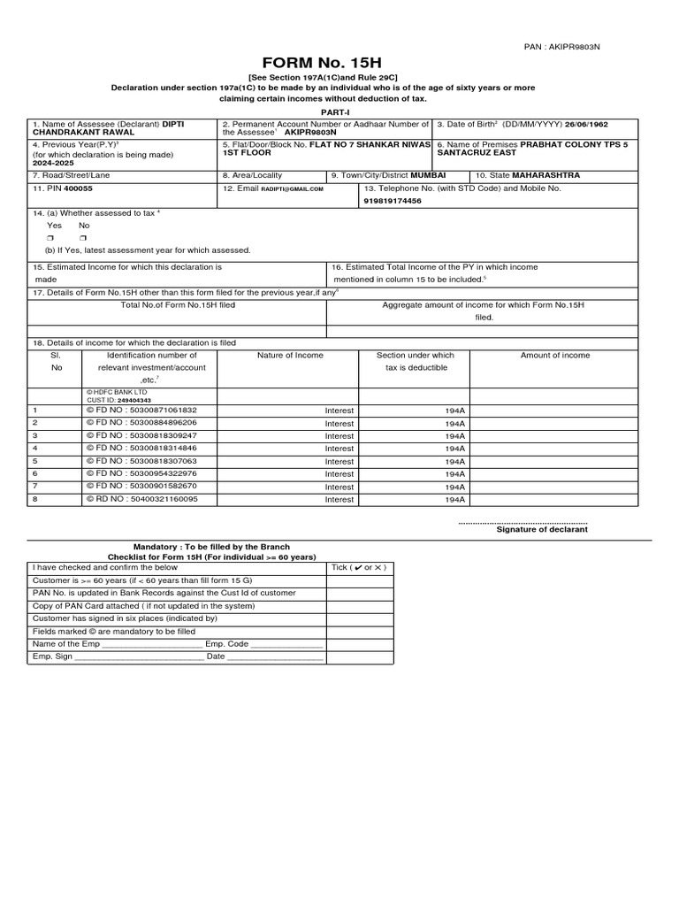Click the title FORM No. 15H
pos(339,64)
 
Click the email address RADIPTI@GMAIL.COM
pos(292,189)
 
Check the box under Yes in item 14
pos(51,239)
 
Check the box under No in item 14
pos(82,239)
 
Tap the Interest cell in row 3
pos(339,436)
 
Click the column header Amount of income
pos(555,355)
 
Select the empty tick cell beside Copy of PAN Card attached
pos(360,606)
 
